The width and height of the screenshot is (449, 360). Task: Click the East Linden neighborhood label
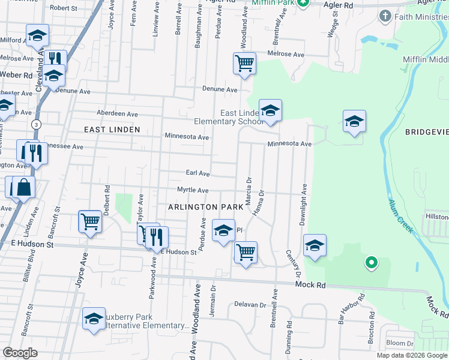(112, 130)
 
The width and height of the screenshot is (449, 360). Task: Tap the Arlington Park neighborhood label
(205, 206)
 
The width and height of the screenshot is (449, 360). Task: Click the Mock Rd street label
(311, 286)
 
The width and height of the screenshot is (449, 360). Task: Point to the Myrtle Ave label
(193, 190)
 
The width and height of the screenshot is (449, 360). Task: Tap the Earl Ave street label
(197, 173)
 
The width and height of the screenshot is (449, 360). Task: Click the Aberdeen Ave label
(118, 114)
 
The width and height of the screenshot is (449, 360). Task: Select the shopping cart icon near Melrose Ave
(244, 62)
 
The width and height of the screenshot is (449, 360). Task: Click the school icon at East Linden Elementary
(270, 110)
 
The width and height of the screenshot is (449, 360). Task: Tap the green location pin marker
(371, 262)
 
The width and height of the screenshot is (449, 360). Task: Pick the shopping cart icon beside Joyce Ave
(90, 221)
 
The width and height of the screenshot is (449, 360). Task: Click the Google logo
(20, 353)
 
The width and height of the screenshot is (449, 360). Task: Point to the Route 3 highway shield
(37, 124)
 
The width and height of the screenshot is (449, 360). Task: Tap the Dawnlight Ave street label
(304, 205)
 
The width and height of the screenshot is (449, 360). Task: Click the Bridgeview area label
(427, 132)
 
